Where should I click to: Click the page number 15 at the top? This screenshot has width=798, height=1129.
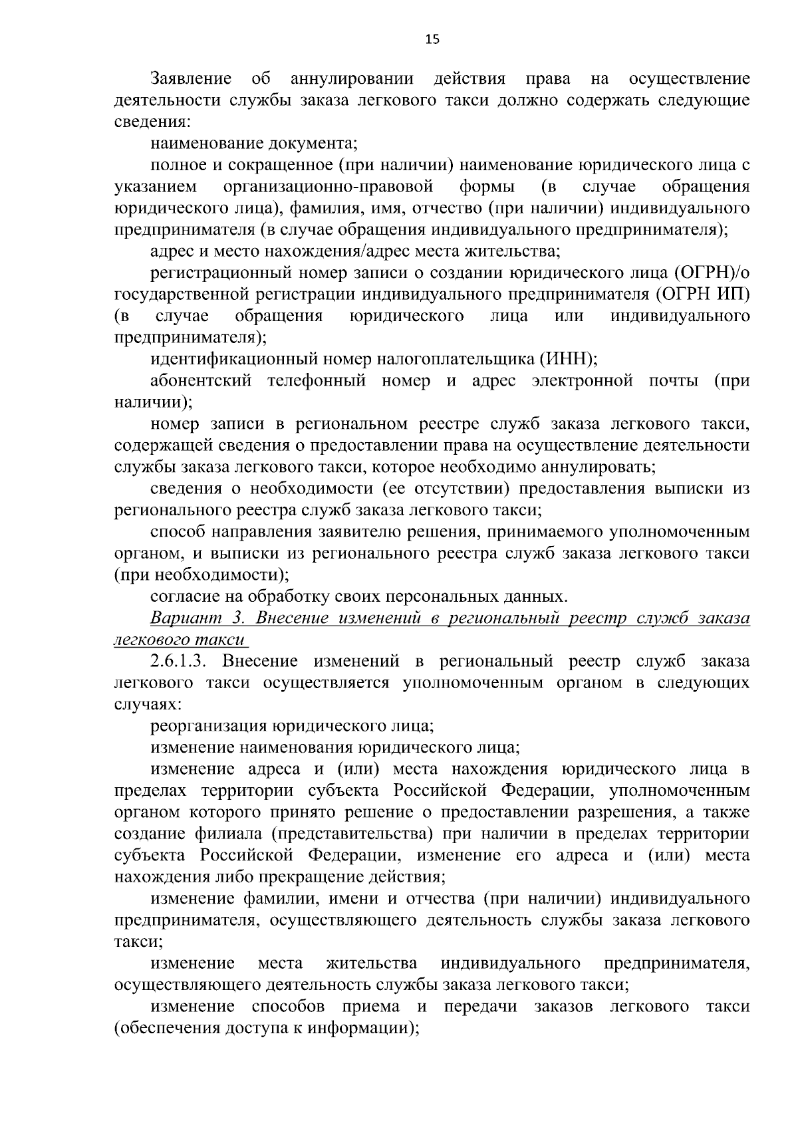coord(432,39)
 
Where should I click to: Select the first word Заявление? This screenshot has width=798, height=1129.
coord(191,79)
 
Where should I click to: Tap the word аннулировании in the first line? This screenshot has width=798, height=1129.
coord(352,79)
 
